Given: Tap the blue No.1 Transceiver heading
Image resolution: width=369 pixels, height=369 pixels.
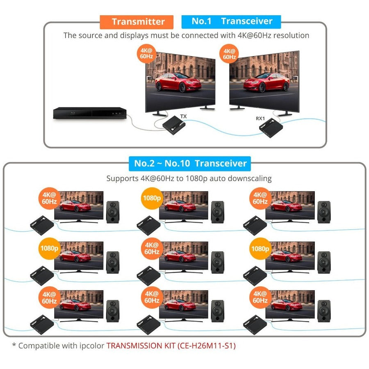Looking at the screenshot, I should point(232,21).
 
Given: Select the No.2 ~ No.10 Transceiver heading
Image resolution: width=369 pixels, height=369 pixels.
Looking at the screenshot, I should point(191,164).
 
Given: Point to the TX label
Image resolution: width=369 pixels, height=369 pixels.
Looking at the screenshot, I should point(184,116).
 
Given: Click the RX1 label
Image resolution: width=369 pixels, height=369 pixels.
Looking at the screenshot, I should point(260,118).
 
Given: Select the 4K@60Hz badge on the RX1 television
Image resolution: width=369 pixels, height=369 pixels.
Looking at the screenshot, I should point(229,54).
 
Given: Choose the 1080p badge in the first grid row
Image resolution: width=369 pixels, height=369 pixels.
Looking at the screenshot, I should point(152,198).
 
